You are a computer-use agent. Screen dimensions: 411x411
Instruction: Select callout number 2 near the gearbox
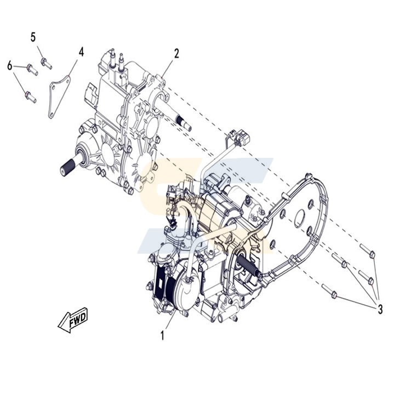(176, 53)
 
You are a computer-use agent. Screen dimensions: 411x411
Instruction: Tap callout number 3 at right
(380, 309)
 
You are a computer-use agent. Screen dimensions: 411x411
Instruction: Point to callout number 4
(81, 52)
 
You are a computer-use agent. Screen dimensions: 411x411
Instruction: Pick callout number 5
(33, 37)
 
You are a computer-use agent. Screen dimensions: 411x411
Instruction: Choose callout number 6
(10, 66)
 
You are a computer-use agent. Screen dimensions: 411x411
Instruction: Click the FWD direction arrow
(73, 319)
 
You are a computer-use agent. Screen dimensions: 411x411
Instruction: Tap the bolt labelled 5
(46, 64)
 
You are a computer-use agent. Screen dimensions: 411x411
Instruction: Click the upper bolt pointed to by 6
(32, 69)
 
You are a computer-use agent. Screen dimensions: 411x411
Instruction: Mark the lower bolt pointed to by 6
(30, 98)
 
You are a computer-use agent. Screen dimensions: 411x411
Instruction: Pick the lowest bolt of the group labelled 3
(329, 291)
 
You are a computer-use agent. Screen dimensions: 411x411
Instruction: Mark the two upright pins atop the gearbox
(116, 56)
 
